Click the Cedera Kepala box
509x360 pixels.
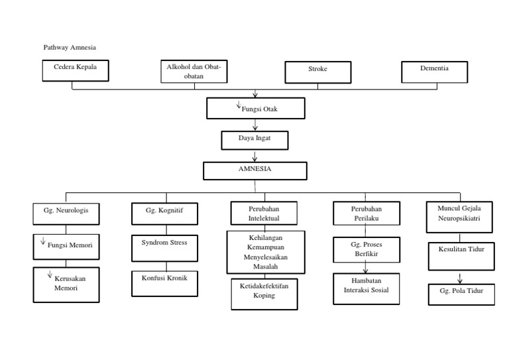coord(75,71)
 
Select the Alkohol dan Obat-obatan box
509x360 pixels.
coord(194,72)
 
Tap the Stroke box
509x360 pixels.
coord(318,72)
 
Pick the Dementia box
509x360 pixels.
coord(434,71)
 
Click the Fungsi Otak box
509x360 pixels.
coord(256,107)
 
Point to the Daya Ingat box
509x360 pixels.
coord(254,139)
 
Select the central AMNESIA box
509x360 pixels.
coord(255,170)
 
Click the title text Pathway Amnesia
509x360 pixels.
coord(70,48)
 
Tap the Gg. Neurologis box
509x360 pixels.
coord(66,213)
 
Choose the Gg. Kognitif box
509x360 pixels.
coord(164,213)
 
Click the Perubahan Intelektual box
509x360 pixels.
coord(263,213)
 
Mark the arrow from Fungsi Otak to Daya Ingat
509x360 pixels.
coord(255,123)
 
